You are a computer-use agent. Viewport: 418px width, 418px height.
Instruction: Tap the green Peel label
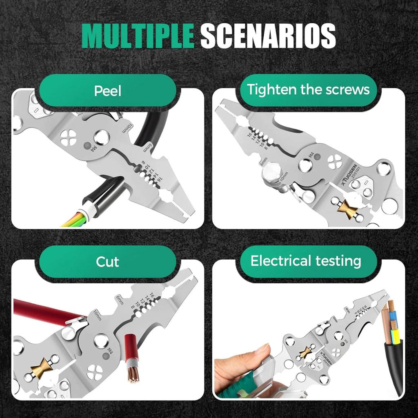[108, 91]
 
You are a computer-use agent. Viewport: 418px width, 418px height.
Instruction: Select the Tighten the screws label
[308, 89]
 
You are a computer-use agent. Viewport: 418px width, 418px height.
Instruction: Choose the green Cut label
[107, 262]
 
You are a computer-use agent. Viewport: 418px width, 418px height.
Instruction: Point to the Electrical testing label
[306, 261]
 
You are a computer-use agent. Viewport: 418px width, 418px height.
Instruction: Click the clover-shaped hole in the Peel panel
[68, 138]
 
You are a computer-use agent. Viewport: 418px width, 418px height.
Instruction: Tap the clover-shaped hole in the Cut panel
[95, 372]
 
